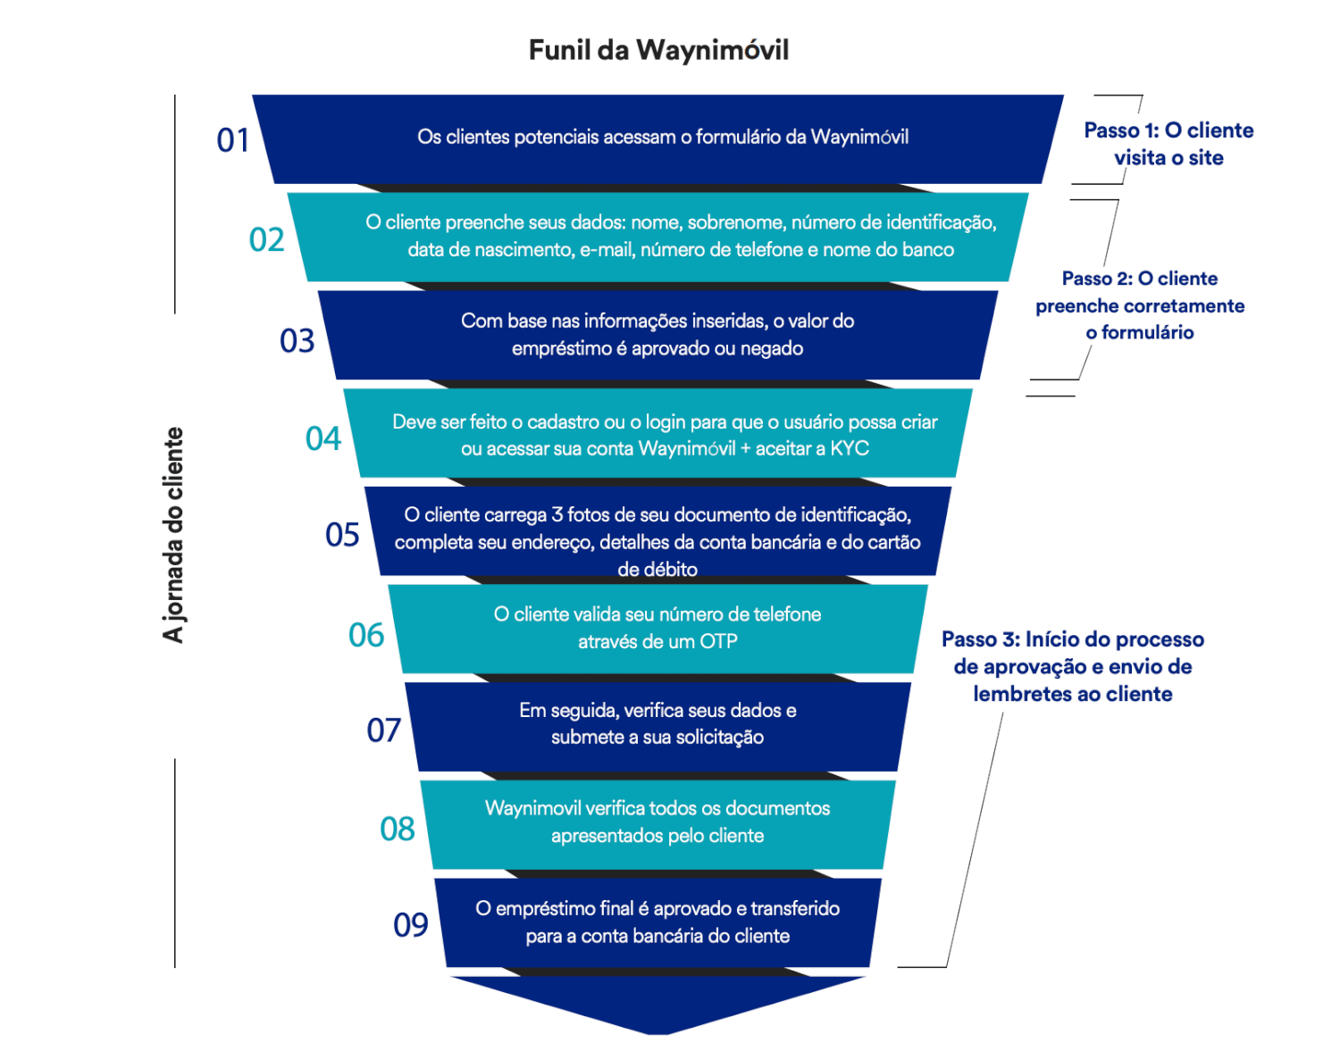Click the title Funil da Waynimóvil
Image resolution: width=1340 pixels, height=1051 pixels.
(658, 50)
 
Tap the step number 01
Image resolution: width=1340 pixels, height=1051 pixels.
(233, 140)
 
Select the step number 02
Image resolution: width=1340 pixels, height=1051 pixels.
(266, 239)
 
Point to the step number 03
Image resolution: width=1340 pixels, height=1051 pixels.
(297, 340)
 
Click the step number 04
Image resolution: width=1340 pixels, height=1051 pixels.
(323, 438)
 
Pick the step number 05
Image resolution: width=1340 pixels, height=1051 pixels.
(342, 535)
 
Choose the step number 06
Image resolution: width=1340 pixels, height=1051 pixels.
(366, 635)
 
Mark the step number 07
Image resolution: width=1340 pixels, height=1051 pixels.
(384, 730)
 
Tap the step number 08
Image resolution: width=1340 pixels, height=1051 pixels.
(398, 829)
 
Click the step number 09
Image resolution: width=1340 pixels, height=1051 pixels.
(411, 925)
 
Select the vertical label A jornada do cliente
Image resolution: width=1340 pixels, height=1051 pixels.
(173, 535)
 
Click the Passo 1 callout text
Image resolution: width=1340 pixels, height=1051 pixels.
(1168, 144)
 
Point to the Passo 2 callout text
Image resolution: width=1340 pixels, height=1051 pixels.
(1140, 305)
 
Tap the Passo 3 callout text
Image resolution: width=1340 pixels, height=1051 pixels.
(1073, 666)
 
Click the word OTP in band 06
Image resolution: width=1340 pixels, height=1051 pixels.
(718, 642)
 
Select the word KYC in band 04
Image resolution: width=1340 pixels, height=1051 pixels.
(850, 448)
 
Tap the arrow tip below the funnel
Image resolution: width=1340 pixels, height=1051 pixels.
(658, 1031)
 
